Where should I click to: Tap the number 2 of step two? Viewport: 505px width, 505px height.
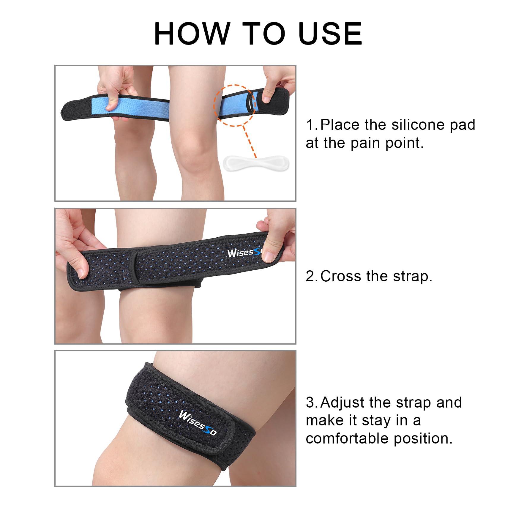(x=311, y=276)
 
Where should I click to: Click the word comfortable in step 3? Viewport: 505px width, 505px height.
(x=348, y=439)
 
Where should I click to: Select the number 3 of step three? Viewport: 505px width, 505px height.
(x=311, y=403)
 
